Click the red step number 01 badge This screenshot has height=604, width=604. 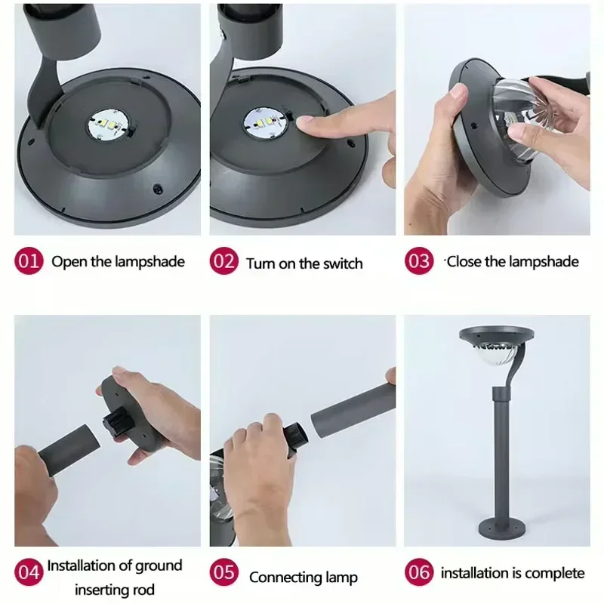[x=29, y=260]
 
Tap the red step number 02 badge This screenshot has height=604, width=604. [x=223, y=260]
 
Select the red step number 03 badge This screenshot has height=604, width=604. [x=419, y=260]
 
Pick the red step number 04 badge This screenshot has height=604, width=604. [x=29, y=572]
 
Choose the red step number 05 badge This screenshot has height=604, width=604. [x=223, y=572]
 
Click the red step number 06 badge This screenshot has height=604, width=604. [x=419, y=572]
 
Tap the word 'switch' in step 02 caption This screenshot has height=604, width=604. [x=343, y=263]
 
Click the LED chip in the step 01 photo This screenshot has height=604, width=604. [x=108, y=125]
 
